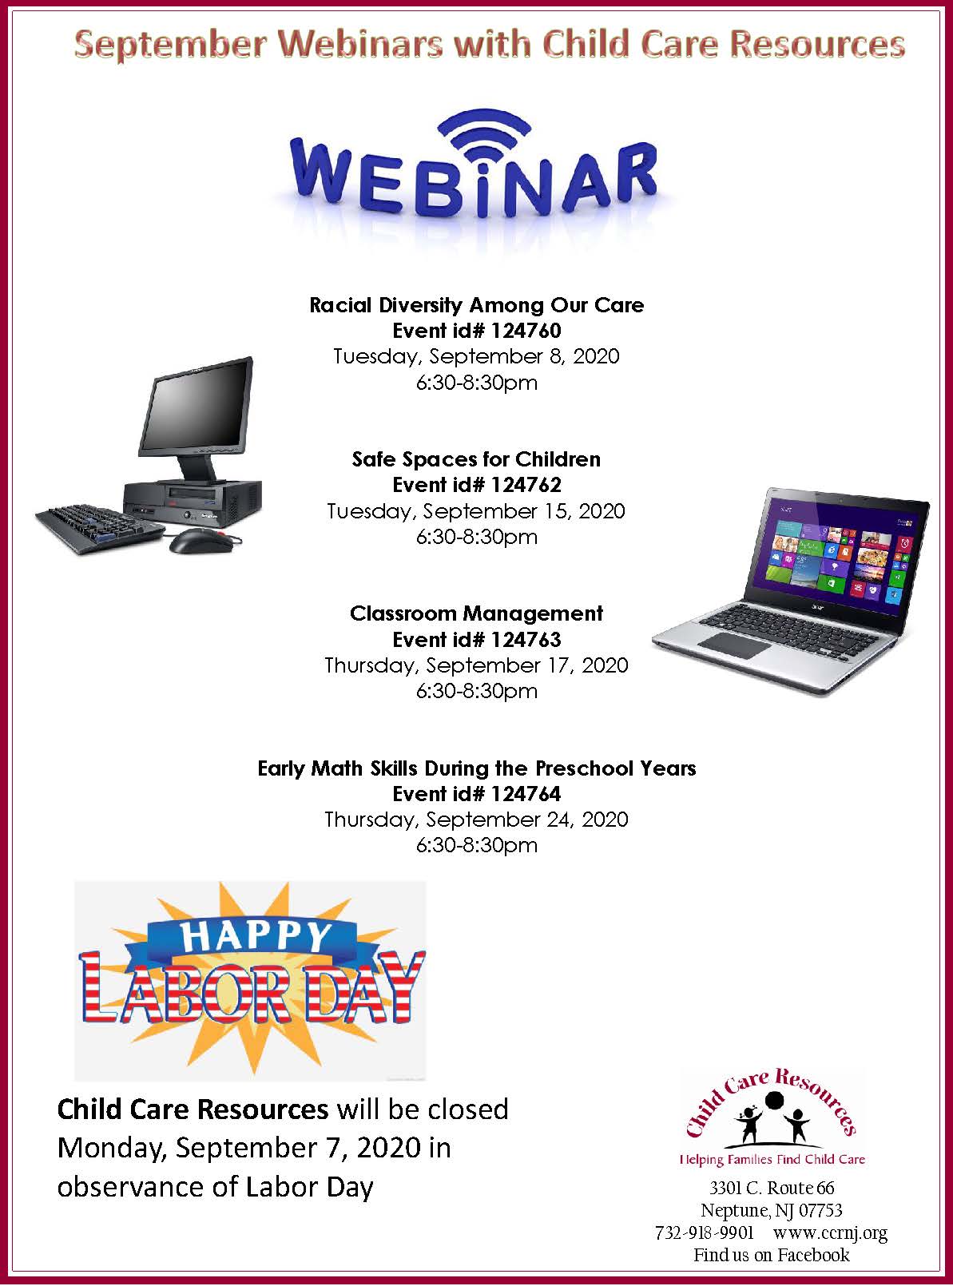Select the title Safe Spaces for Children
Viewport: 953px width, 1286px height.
click(476, 459)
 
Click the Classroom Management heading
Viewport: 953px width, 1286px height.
click(476, 613)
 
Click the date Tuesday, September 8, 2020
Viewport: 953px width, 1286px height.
click(476, 356)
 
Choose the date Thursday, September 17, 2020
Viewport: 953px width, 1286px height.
click(476, 665)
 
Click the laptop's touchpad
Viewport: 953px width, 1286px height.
click(733, 645)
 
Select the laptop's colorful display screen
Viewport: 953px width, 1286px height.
click(836, 550)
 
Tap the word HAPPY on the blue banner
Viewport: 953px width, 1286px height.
click(256, 935)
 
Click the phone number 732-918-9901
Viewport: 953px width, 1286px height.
click(704, 1232)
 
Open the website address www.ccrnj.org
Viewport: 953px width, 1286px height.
click(830, 1232)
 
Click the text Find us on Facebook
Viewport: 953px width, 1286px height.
click(771, 1255)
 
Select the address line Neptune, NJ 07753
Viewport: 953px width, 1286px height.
click(771, 1211)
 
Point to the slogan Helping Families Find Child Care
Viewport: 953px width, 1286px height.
click(772, 1159)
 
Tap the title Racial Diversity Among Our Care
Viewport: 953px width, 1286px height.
click(476, 305)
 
